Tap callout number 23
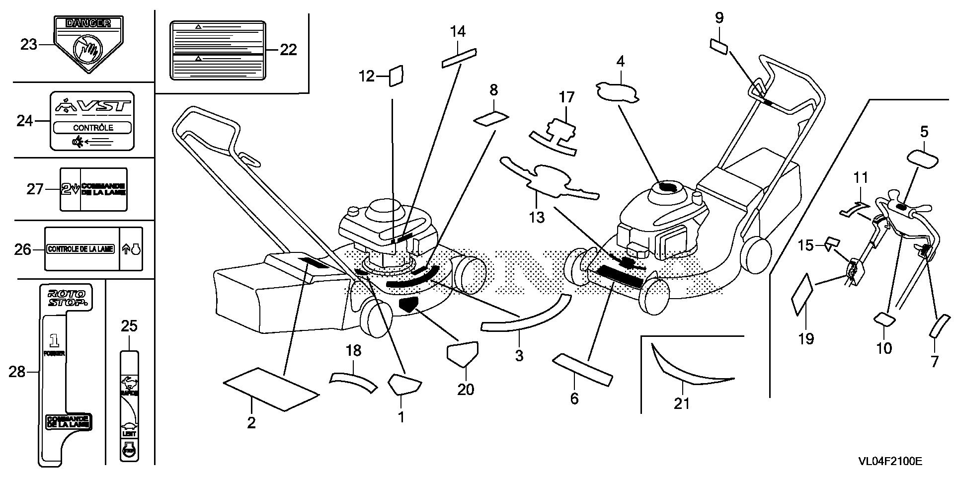pos(29,45)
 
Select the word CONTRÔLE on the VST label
pos(93,128)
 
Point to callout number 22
pos(288,50)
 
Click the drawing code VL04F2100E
pos(890,462)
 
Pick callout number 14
pos(458,32)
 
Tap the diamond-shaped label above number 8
pos(492,119)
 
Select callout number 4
pos(620,62)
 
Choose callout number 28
pos(17,371)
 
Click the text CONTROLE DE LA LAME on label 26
pos(80,249)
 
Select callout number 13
pos(537,217)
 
